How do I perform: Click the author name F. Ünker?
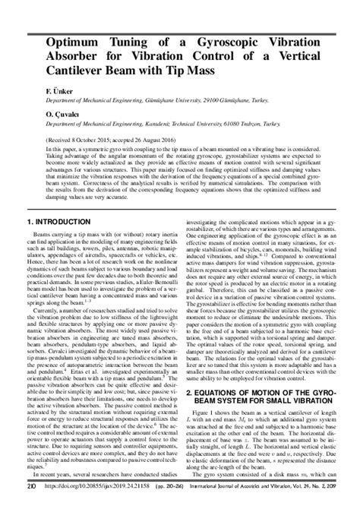(x=38, y=90)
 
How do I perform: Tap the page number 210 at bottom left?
(x=30, y=501)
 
